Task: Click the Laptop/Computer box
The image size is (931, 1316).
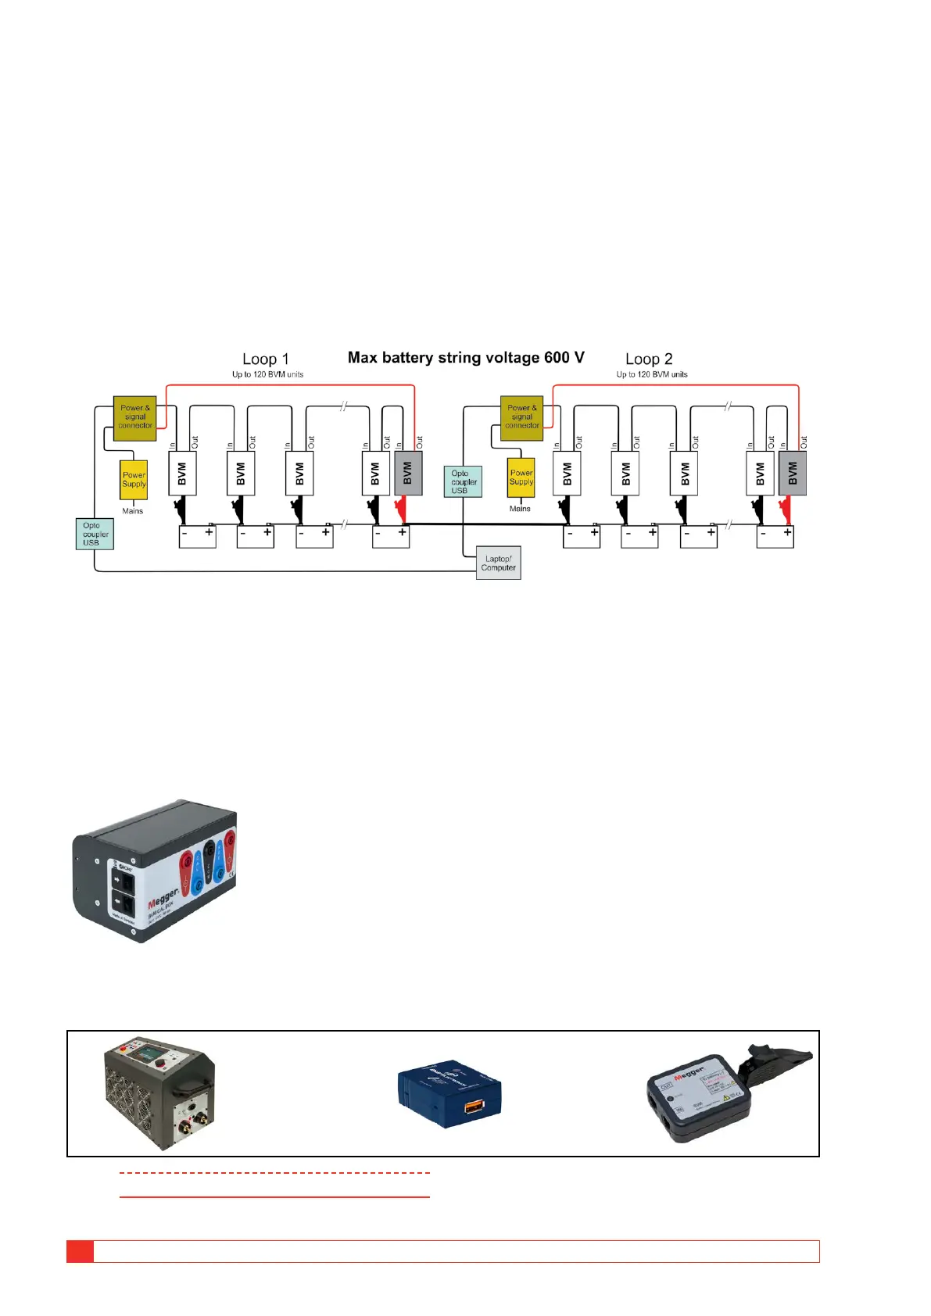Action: point(498,563)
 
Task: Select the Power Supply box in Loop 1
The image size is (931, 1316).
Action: point(134,479)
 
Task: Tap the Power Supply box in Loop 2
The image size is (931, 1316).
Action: point(521,477)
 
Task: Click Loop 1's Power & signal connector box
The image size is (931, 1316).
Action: point(134,418)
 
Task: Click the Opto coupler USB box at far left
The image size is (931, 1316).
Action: point(95,534)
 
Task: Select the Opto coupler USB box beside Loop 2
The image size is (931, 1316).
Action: point(463,481)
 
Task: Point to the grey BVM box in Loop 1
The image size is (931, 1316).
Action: point(408,473)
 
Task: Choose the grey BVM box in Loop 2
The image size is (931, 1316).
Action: point(793,473)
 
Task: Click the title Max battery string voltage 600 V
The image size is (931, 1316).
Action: point(466,358)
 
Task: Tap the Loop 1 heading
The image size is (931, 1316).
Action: point(266,359)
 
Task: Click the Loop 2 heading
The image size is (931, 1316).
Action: point(649,359)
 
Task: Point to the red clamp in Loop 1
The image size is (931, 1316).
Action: point(401,511)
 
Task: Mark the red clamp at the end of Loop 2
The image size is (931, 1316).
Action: point(786,511)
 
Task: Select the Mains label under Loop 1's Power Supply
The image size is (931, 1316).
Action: point(132,511)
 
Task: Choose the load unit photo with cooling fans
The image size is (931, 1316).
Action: point(159,1092)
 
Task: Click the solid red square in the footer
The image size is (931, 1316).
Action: point(80,1251)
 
